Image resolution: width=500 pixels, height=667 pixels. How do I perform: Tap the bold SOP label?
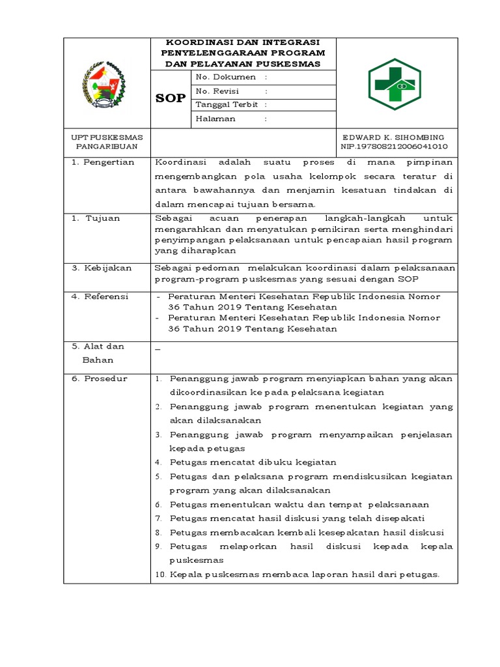(170, 98)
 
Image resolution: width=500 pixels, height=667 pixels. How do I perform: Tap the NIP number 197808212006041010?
(394, 147)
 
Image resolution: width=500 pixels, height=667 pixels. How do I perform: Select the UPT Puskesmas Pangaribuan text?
(107, 142)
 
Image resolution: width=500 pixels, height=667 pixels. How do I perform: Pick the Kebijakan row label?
(102, 268)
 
